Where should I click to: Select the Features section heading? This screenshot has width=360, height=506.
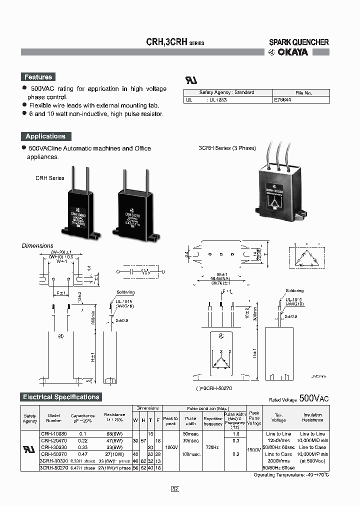38,77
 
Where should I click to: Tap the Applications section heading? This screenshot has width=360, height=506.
45,136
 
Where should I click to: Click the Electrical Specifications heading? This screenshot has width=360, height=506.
61,397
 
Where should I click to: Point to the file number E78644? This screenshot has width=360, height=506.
283,100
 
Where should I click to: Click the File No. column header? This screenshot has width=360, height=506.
303,92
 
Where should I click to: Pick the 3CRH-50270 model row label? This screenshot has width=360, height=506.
53,468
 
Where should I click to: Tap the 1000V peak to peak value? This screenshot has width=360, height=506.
170,447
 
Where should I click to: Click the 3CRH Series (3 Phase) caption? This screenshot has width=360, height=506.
227,148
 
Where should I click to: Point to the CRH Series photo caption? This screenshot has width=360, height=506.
49,178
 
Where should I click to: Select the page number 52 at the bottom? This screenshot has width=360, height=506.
175,488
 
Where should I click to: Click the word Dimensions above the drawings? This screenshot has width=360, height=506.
37,245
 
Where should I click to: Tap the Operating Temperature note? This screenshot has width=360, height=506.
299,474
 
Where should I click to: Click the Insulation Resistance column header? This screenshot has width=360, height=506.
312,417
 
